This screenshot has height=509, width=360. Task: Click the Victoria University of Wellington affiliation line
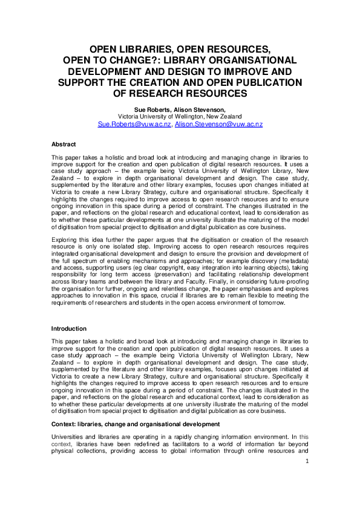tap(180, 116)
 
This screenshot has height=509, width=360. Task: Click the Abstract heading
tap(64, 144)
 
